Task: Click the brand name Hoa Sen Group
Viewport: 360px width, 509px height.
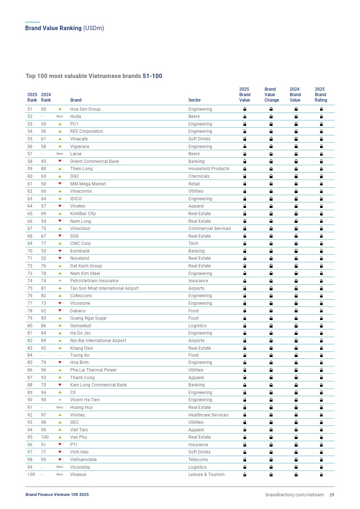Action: [85, 109]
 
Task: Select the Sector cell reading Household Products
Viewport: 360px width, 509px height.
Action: [209, 169]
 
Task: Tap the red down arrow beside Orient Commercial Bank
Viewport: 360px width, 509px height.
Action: [60, 161]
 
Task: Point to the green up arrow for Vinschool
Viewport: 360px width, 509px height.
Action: [60, 229]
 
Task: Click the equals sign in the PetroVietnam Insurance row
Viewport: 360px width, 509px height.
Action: [60, 281]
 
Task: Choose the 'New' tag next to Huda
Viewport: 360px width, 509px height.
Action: [60, 116]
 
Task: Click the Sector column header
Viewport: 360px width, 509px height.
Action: [195, 100]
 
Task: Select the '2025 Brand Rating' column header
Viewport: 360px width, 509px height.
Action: [321, 95]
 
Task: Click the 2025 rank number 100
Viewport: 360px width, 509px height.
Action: [31, 475]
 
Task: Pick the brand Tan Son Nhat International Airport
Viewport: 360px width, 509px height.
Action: [105, 288]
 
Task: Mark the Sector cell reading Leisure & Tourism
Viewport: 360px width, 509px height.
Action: [206, 475]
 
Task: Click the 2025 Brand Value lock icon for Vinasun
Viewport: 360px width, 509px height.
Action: [245, 475]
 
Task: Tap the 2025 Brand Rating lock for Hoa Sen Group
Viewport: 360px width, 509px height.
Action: [321, 109]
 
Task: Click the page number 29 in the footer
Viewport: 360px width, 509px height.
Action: [332, 495]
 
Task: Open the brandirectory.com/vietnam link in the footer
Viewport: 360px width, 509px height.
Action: [295, 495]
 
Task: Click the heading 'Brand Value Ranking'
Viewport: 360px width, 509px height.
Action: [53, 28]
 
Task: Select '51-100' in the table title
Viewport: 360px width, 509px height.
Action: [152, 76]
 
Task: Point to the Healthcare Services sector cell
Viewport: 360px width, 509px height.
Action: [208, 415]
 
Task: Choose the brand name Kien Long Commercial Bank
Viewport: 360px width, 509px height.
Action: [98, 385]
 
